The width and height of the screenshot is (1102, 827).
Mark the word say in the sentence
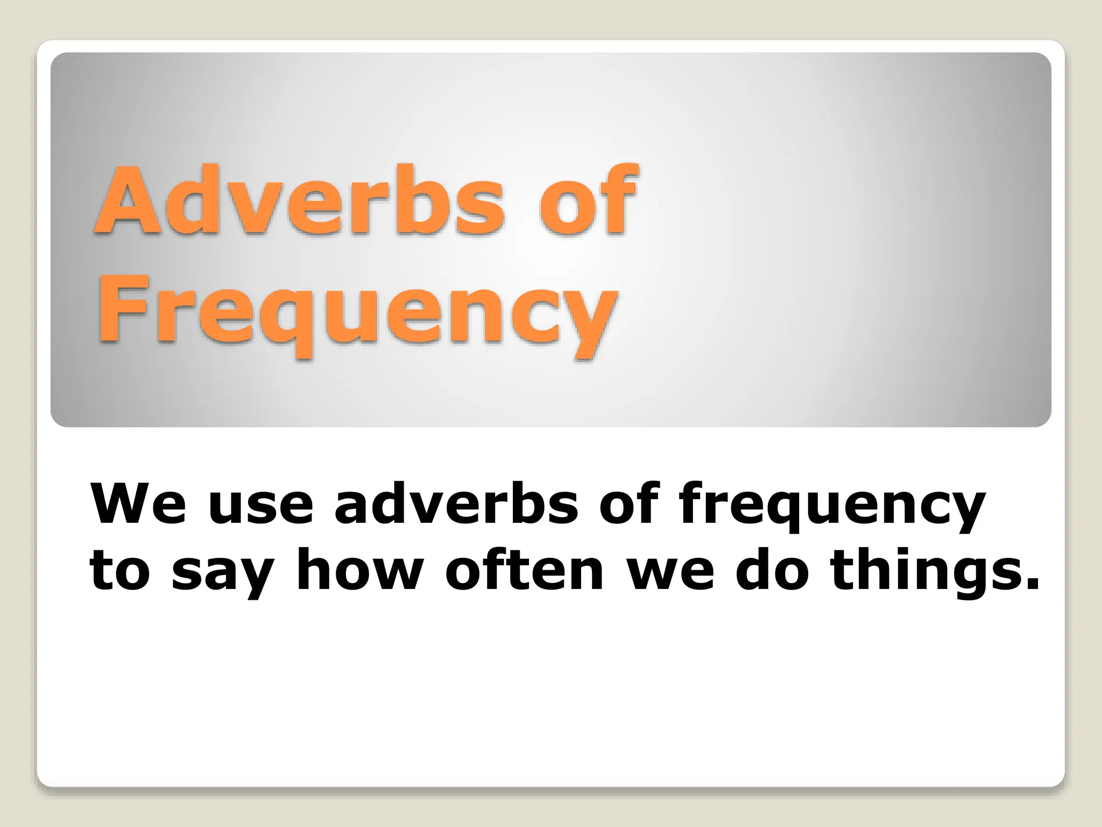(221, 576)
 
